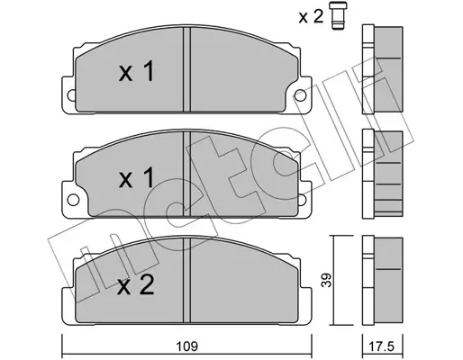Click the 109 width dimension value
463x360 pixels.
click(186, 346)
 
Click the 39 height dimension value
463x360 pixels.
click(328, 280)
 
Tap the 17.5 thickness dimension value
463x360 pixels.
click(381, 346)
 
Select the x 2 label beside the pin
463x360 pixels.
click(311, 16)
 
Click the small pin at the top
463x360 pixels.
click(338, 15)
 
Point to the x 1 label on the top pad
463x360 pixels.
click(137, 71)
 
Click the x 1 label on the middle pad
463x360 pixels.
click(137, 177)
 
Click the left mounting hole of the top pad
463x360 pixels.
click(71, 96)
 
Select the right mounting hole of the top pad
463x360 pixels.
click(300, 95)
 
